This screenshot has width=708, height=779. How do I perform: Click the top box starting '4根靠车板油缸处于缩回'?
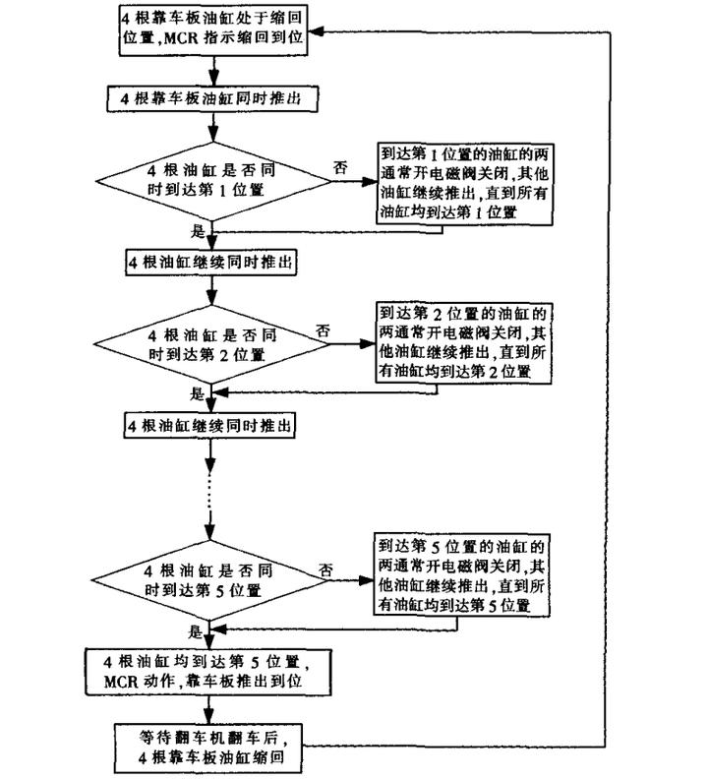pyautogui.click(x=213, y=30)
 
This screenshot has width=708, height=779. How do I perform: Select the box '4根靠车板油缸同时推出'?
pyautogui.click(x=212, y=99)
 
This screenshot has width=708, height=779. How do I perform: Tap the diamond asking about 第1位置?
pyautogui.click(x=213, y=181)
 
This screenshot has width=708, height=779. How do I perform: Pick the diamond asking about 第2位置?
pyautogui.click(x=211, y=345)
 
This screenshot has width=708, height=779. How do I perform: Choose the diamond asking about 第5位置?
pyautogui.click(x=209, y=580)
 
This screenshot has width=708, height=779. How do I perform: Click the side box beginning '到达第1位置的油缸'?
pyautogui.click(x=464, y=184)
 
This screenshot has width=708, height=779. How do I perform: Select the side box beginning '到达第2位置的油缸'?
pyautogui.click(x=463, y=343)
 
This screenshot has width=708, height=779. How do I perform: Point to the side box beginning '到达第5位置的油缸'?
pyautogui.click(x=461, y=575)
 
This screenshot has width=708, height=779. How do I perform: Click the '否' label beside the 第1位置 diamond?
pyautogui.click(x=340, y=168)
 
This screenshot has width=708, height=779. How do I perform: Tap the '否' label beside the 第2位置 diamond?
pyautogui.click(x=323, y=330)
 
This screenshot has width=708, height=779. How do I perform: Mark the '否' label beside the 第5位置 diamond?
pyautogui.click(x=325, y=569)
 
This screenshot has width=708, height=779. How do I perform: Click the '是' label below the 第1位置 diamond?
pyautogui.click(x=198, y=231)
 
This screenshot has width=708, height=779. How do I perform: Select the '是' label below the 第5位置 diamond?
pyautogui.click(x=195, y=631)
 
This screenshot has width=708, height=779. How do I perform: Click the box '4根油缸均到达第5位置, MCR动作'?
pyautogui.click(x=208, y=672)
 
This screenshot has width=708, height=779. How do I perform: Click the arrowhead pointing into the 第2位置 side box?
pyautogui.click(x=367, y=344)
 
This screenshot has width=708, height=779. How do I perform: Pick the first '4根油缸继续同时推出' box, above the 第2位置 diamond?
pyautogui.click(x=211, y=263)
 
